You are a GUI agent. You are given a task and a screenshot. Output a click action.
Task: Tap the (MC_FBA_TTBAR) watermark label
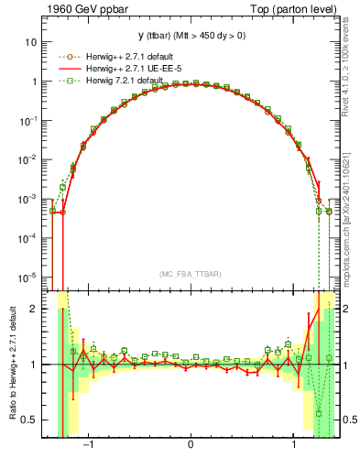[191, 274]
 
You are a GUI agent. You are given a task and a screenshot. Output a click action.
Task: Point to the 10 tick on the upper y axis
[31, 42]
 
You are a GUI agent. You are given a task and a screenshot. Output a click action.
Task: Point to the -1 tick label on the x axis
[89, 446]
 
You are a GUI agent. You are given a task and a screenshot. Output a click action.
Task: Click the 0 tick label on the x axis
[191, 446]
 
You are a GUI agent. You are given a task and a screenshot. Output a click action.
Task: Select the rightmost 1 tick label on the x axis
[292, 446]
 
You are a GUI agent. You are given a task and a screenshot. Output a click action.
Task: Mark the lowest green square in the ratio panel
[319, 413]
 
